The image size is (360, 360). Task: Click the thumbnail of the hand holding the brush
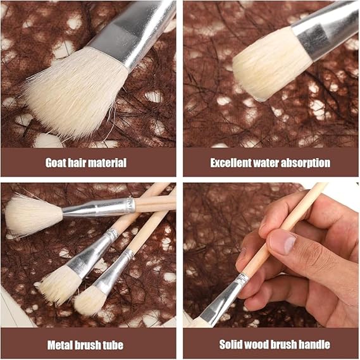coord(271,255)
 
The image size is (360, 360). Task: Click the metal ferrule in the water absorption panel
coord(326,30)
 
